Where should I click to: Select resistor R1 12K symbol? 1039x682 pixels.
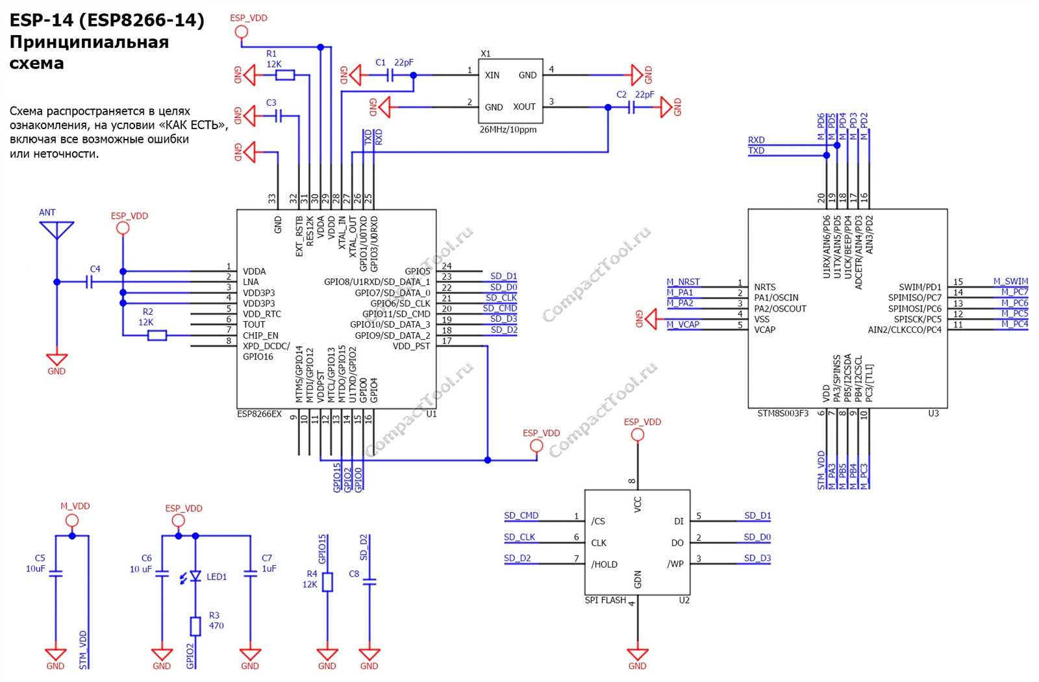click(284, 75)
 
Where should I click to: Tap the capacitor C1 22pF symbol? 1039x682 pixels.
click(390, 75)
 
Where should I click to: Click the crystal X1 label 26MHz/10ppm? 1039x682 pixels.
click(508, 130)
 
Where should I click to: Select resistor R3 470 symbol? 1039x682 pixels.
click(195, 626)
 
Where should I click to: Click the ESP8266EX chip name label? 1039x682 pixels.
click(259, 414)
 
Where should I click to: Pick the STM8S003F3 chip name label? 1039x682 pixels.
click(782, 413)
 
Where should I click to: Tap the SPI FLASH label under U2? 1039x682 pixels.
click(605, 600)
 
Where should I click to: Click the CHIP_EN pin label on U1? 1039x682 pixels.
click(260, 335)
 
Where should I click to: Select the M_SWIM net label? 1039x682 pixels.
click(1010, 281)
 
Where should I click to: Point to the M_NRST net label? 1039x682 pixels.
click(683, 282)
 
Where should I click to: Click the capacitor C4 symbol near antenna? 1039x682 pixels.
click(90, 282)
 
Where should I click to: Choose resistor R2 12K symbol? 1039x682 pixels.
click(157, 335)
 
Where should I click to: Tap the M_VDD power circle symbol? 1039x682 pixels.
click(72, 520)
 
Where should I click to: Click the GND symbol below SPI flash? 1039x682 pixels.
click(637, 654)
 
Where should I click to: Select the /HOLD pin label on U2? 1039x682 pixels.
click(604, 565)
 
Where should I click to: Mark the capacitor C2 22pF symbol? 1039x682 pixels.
click(631, 107)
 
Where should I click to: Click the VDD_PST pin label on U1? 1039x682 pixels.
click(411, 346)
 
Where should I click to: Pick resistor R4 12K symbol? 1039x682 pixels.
click(327, 582)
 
